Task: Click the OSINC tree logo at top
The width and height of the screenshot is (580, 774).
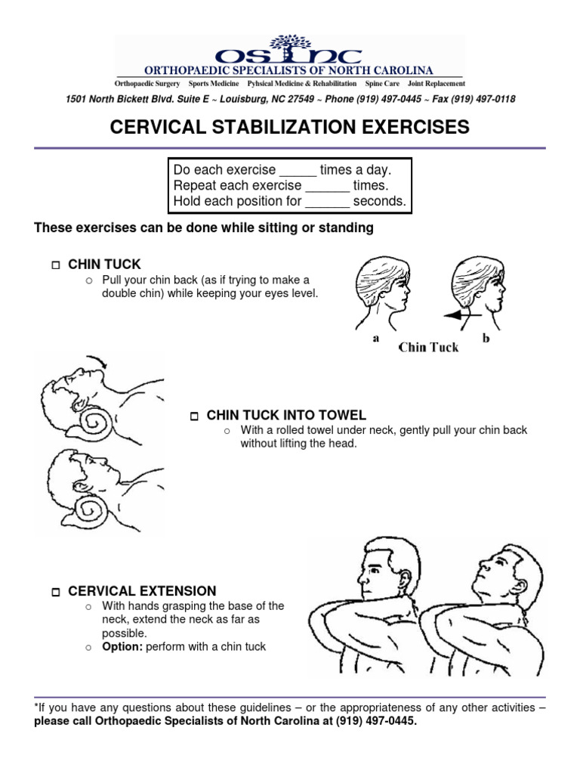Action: point(289,44)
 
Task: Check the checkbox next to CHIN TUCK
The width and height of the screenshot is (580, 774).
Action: point(55,265)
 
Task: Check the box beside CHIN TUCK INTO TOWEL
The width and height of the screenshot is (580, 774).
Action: point(194,416)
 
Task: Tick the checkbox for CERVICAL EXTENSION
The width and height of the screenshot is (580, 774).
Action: point(55,592)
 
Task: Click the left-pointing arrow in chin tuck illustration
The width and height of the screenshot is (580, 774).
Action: point(461,316)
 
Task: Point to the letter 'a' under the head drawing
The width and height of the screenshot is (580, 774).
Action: point(375,339)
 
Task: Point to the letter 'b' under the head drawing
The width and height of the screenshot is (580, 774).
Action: point(486,339)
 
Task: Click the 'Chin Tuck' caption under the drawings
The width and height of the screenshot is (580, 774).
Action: point(428,348)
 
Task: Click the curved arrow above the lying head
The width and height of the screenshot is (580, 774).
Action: point(96,361)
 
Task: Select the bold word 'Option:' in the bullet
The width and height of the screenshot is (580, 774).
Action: point(122,647)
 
